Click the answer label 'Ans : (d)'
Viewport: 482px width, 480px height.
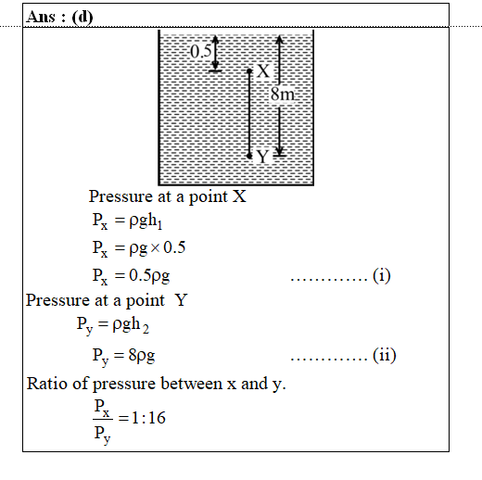pos(59,17)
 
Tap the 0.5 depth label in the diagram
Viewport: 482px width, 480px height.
pos(201,51)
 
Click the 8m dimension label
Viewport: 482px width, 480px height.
pos(283,94)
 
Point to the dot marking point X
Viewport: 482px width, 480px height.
pos(249,71)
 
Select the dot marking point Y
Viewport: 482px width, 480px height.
pos(249,157)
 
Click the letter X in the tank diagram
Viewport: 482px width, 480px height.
pos(263,71)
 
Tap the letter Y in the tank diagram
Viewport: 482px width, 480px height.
pos(262,157)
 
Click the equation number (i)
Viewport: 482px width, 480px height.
pos(382,275)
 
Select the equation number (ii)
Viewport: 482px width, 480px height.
pos(385,355)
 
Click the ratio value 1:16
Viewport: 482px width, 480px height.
pos(148,418)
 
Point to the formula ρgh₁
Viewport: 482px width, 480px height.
pos(146,221)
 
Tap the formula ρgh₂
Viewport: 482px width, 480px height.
pos(131,325)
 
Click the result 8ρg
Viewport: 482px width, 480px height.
pos(142,356)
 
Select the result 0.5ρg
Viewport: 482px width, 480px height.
pos(149,276)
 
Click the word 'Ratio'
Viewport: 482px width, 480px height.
pos(47,384)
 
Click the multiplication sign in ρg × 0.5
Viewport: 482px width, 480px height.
pos(155,247)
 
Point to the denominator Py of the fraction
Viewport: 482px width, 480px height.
pos(102,436)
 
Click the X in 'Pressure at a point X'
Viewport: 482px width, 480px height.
pos(239,196)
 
